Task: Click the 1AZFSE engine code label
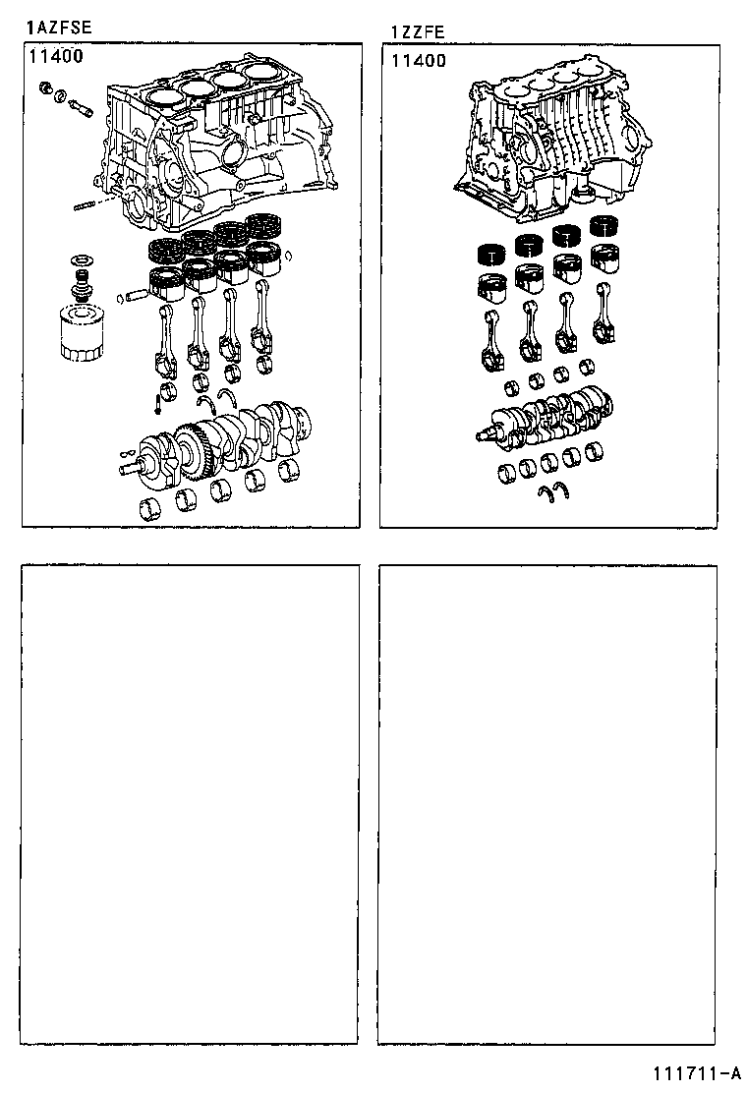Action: tap(58, 28)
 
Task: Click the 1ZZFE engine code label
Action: tap(418, 31)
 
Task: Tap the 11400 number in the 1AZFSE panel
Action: tap(56, 55)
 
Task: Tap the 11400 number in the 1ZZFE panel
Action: tap(419, 60)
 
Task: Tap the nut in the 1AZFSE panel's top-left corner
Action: tap(44, 90)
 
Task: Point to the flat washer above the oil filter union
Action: tap(80, 261)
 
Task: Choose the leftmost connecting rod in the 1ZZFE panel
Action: tap(491, 339)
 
